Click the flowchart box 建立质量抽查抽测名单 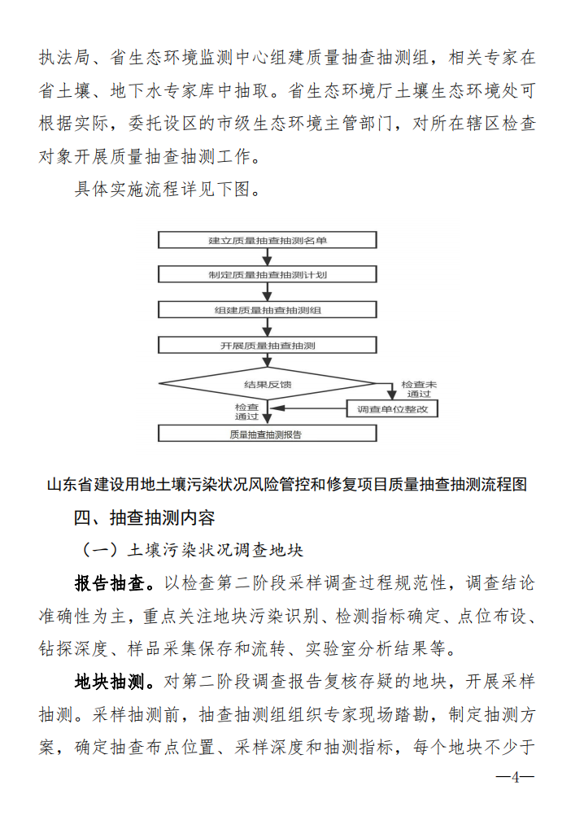(x=267, y=240)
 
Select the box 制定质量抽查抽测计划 (x=267, y=275)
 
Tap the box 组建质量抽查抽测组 (x=267, y=310)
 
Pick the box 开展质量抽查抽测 (x=267, y=345)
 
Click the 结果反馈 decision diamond (x=267, y=382)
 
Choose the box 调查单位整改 (x=392, y=408)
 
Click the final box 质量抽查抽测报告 (x=267, y=434)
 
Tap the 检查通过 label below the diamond (x=246, y=411)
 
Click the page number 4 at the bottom (x=515, y=776)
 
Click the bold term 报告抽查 (x=110, y=583)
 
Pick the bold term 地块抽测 (x=110, y=681)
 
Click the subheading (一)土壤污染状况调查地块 (x=192, y=550)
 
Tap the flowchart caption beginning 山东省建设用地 (x=286, y=485)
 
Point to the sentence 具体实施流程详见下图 (x=168, y=190)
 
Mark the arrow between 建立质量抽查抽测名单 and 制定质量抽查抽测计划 (x=267, y=257)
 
